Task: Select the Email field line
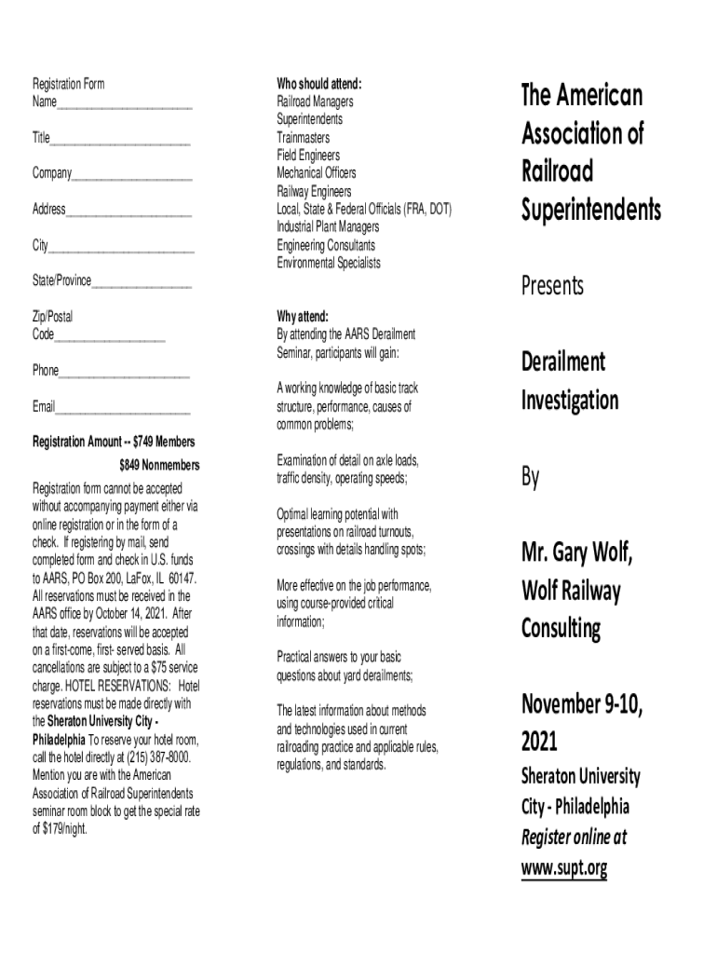click(x=123, y=410)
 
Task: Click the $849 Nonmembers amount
click(x=159, y=465)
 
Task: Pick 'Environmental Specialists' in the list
click(x=328, y=263)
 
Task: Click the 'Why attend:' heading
click(x=303, y=316)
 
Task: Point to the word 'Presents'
click(x=552, y=286)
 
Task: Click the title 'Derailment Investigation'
click(x=569, y=382)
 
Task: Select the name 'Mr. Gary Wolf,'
click(x=576, y=554)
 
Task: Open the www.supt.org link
click(x=563, y=868)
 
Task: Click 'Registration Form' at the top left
click(x=69, y=84)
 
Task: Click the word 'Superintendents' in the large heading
click(x=591, y=211)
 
